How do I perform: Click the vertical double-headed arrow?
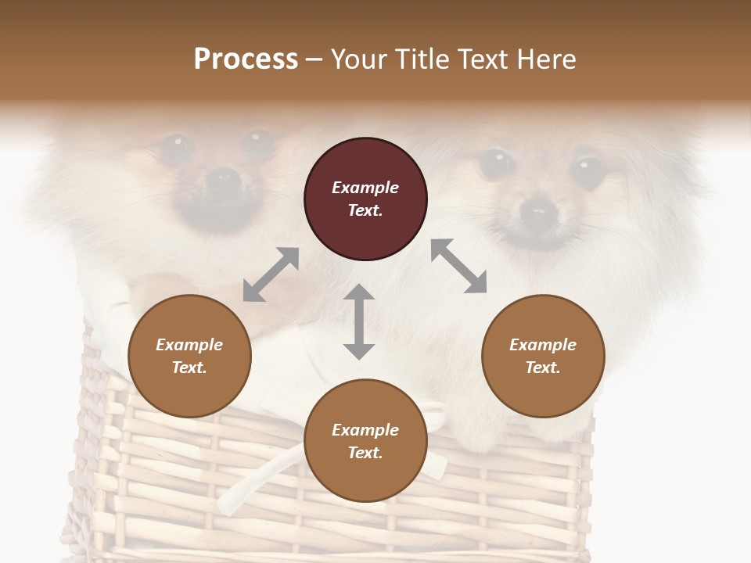click(x=359, y=321)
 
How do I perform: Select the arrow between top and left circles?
click(x=271, y=274)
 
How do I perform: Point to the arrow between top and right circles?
click(x=459, y=266)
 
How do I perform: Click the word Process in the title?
click(x=246, y=59)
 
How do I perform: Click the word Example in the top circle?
click(x=365, y=188)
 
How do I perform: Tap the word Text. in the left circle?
click(x=189, y=368)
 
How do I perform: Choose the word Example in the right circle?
click(x=543, y=345)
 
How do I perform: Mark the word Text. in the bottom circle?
click(x=365, y=453)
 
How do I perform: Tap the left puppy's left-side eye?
click(x=176, y=145)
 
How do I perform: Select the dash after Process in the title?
click(x=314, y=59)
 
